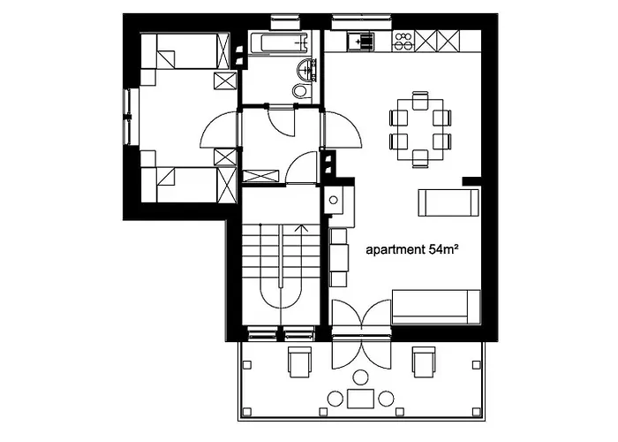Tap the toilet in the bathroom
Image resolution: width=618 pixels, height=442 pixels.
300,90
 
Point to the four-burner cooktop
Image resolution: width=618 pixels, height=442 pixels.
403,39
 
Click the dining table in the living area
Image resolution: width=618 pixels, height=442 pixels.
419,129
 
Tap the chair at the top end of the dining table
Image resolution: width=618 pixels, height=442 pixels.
419,99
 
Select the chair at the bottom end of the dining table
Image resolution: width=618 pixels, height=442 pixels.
419,159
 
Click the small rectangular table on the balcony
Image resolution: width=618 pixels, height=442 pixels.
360,399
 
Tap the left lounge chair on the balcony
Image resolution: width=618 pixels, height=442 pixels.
300,362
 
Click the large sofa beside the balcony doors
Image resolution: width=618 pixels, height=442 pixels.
435,307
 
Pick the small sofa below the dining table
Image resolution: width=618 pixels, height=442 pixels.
448,203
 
